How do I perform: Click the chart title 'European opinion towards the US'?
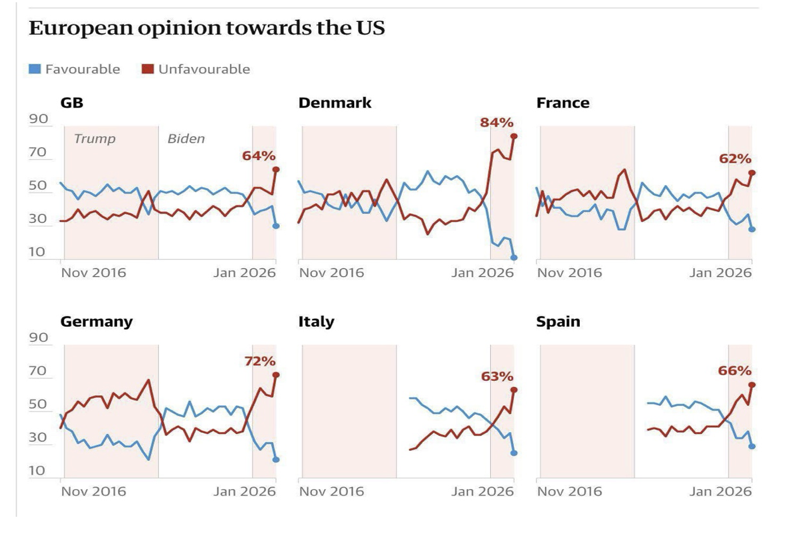pos(207,28)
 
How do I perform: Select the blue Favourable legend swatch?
pos(35,69)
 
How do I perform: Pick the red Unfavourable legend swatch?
pos(148,69)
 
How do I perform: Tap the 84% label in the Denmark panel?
pos(496,123)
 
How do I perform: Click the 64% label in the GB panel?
pos(259,156)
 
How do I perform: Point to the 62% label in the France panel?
pos(735,159)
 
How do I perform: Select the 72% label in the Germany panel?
pos(260,361)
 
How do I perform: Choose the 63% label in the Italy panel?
pos(497,376)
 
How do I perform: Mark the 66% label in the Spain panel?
pos(734,371)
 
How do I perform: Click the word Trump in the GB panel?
pos(95,139)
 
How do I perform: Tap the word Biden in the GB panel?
pos(186,139)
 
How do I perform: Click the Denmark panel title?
pos(335,103)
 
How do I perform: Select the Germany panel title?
pos(96,322)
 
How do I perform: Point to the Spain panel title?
pos(558,322)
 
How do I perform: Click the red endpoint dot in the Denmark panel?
pos(514,136)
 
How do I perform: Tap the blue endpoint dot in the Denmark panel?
pos(514,258)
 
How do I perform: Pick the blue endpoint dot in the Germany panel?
pos(276,460)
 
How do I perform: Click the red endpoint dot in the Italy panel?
pos(514,390)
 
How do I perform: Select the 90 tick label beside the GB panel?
pos(39,119)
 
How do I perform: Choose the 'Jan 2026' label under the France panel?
pos(720,273)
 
